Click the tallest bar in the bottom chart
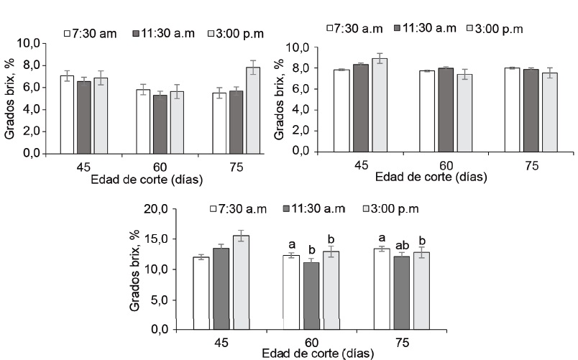point(241,282)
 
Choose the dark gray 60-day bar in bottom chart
point(311,296)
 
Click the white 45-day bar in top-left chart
point(67,114)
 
